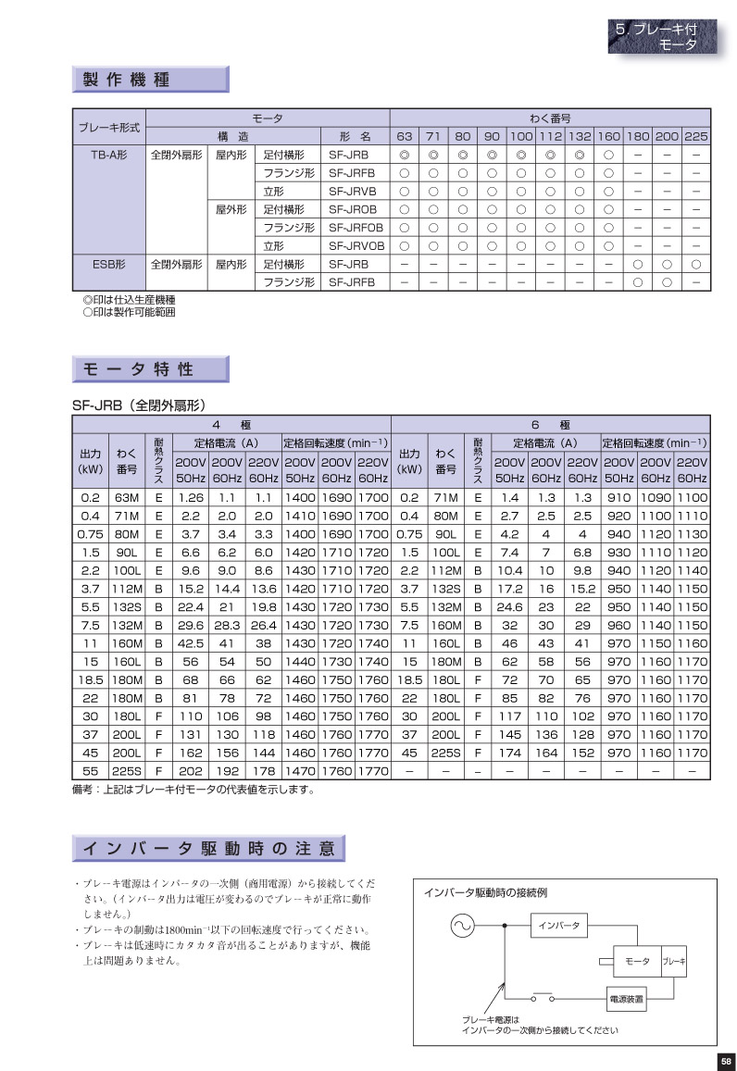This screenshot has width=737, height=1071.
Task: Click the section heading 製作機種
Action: click(x=150, y=80)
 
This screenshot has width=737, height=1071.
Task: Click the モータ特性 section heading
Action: click(x=150, y=369)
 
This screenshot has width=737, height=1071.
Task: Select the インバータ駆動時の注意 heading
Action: click(x=208, y=848)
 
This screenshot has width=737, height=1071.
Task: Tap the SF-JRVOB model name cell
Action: click(x=356, y=245)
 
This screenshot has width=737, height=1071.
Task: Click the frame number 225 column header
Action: click(x=695, y=137)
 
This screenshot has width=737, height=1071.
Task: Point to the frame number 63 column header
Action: click(x=405, y=137)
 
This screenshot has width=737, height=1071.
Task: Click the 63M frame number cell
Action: click(x=126, y=497)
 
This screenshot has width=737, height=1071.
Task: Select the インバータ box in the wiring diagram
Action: click(x=558, y=925)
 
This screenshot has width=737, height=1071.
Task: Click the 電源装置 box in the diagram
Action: click(x=626, y=1000)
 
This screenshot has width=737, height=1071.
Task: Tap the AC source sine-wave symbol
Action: click(x=460, y=925)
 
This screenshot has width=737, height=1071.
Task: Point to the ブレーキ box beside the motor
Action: click(x=674, y=963)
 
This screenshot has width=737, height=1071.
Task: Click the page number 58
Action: click(x=725, y=1061)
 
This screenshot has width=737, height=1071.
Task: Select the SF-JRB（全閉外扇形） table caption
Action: click(x=138, y=405)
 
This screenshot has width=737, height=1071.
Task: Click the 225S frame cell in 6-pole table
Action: click(x=446, y=751)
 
